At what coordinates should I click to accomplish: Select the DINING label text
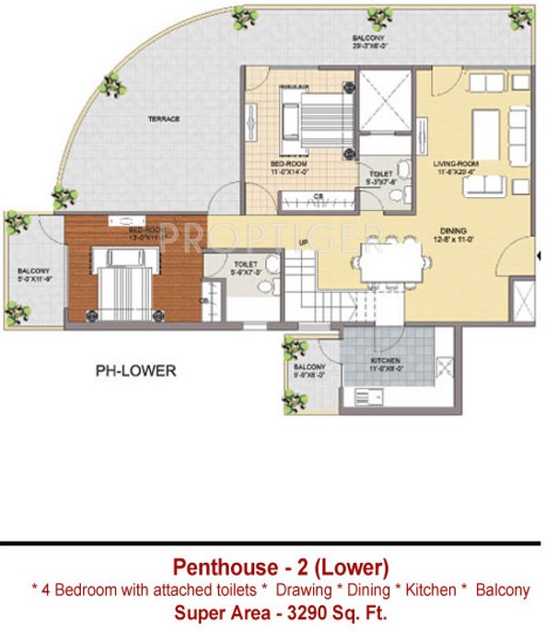click(x=452, y=230)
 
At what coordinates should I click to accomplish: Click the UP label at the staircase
click(x=302, y=242)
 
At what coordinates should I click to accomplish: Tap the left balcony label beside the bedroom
click(x=34, y=274)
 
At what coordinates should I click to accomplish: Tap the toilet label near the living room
click(x=382, y=175)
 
